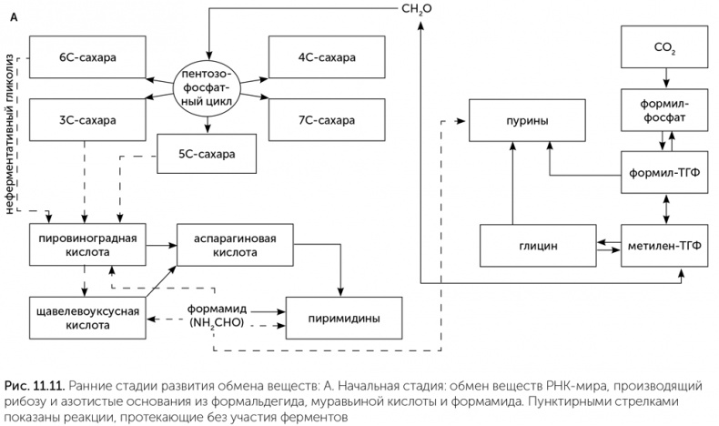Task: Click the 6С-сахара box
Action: tap(88, 57)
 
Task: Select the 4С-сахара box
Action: tap(327, 57)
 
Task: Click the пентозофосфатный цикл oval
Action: tap(208, 88)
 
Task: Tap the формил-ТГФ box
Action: tap(664, 172)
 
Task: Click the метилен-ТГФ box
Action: tap(664, 245)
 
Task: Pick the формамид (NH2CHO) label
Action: tap(217, 316)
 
